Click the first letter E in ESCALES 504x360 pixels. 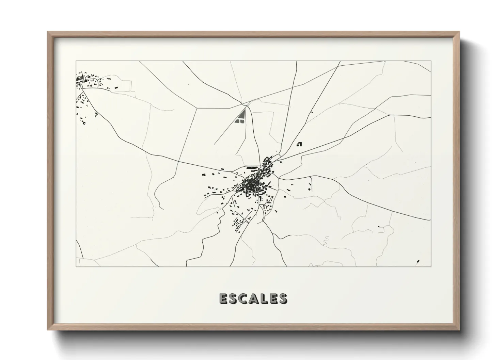click(x=223, y=298)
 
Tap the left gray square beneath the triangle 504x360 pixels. click(x=237, y=120)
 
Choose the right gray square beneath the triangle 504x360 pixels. click(x=241, y=120)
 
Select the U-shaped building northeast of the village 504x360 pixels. click(x=300, y=144)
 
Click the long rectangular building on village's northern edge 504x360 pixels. click(x=252, y=168)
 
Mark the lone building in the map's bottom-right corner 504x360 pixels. click(x=418, y=261)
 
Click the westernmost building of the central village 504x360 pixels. click(x=204, y=174)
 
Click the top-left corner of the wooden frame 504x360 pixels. click(x=48, y=32)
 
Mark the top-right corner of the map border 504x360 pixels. click(x=431, y=61)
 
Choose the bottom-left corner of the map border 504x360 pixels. click(x=76, y=267)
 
